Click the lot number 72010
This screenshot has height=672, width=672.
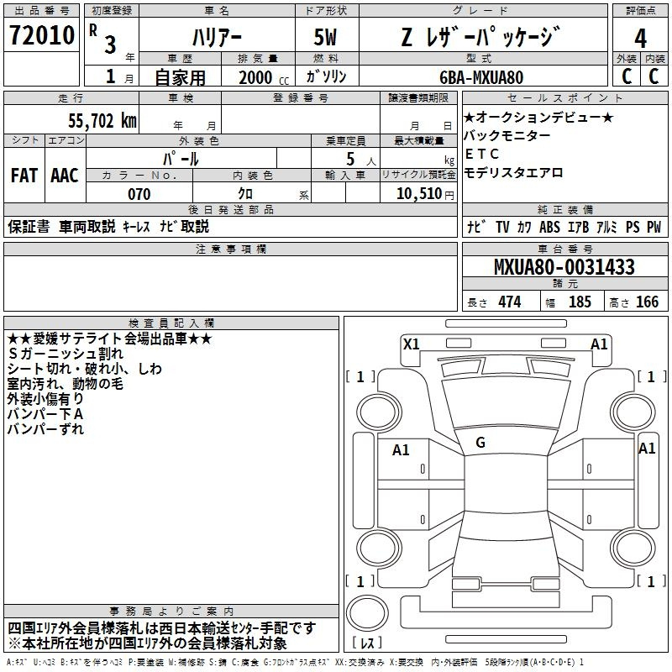point(41,35)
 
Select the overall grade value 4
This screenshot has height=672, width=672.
point(640,39)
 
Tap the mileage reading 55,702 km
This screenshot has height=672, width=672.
point(102,121)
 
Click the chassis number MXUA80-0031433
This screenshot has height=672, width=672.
point(564,267)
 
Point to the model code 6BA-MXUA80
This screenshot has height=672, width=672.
point(481,77)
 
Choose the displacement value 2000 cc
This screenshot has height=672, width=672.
point(264,77)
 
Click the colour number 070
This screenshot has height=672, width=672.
point(139,194)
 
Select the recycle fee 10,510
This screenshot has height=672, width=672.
point(419,194)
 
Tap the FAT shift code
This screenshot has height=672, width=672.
point(24,176)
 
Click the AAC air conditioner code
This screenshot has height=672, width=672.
point(65,176)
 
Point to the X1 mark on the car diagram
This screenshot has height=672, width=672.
point(412,344)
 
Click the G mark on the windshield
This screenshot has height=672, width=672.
point(480,443)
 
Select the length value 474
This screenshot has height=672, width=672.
point(510,302)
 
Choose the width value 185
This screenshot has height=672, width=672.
point(580,302)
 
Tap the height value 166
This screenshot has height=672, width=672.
point(647,302)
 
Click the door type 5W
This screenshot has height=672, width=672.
point(325,37)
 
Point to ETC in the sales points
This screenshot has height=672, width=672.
point(482,154)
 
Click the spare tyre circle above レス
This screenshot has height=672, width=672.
point(367,613)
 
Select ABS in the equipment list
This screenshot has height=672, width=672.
point(549,227)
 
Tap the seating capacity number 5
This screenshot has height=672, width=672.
point(350,159)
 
